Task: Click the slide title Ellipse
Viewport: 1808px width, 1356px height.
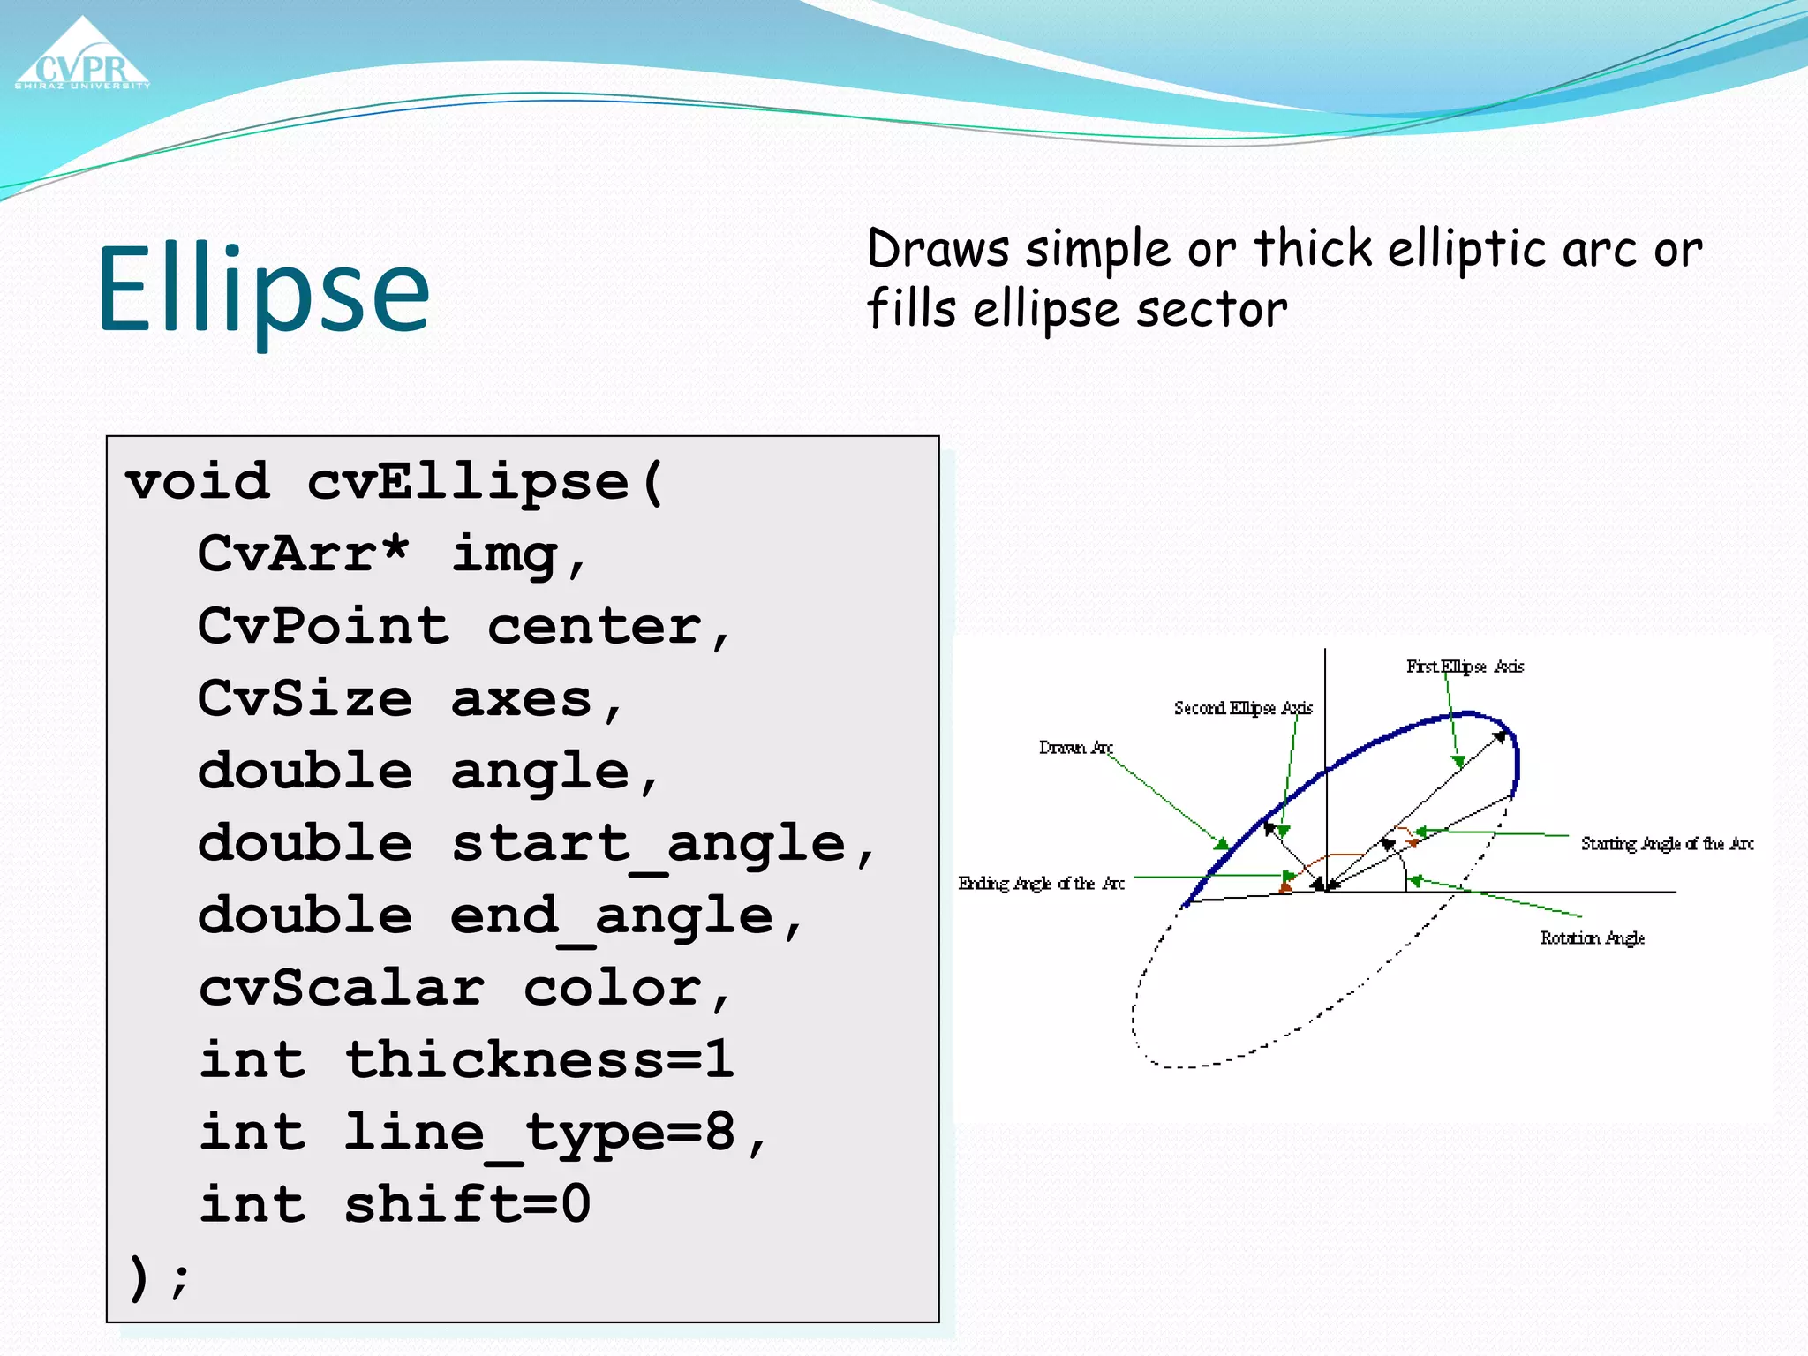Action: coord(263,289)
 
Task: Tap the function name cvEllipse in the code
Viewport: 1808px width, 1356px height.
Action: coord(468,483)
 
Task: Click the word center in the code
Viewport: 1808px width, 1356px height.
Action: coord(594,627)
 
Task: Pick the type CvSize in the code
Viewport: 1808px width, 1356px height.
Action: coord(305,699)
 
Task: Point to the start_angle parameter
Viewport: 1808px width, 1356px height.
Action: coord(649,844)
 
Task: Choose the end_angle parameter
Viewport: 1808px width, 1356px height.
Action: coord(611,916)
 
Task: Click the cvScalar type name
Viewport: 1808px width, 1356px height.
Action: coord(341,988)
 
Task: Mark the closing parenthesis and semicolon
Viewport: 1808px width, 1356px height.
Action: coord(158,1277)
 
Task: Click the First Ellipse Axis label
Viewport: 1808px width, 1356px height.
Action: coord(1465,667)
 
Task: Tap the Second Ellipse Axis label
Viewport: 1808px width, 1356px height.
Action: coord(1242,708)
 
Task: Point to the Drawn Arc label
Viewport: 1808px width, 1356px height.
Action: coord(1074,748)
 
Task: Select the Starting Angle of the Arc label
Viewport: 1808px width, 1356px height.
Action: coord(1666,844)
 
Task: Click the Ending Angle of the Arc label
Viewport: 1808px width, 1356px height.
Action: coord(1041,884)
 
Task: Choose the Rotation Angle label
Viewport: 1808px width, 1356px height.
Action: coord(1592,938)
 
